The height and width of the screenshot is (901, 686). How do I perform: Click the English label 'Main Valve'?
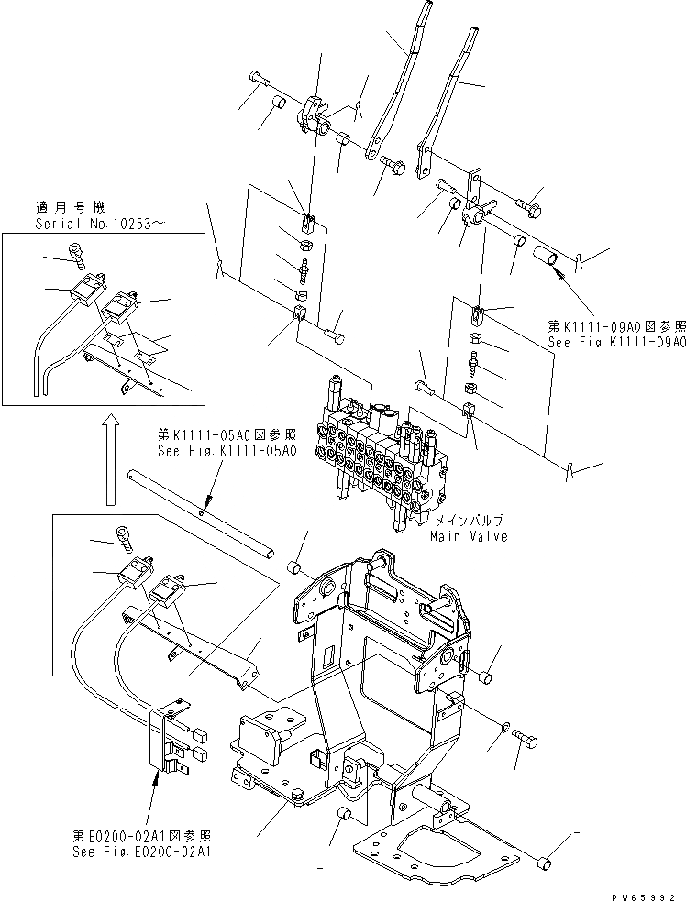click(x=469, y=536)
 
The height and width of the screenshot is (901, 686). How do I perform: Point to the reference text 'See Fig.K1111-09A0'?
click(x=616, y=342)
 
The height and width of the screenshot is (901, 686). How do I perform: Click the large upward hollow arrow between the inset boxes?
click(x=109, y=457)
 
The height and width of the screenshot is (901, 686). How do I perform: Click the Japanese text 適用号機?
click(x=61, y=208)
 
